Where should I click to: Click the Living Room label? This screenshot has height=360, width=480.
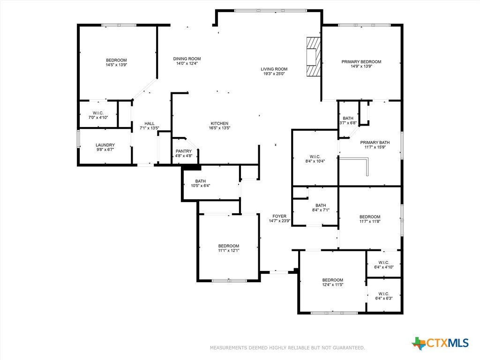click(x=274, y=69)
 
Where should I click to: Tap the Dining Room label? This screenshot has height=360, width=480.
click(x=187, y=59)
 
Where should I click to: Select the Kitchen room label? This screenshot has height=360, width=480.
click(x=219, y=123)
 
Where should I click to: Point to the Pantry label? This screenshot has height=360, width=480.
click(x=184, y=151)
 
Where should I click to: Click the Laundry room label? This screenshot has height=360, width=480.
click(x=105, y=145)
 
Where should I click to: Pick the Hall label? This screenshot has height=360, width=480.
click(x=150, y=123)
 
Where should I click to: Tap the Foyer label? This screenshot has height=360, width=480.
click(x=279, y=216)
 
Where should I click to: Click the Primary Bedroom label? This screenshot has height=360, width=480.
click(x=361, y=62)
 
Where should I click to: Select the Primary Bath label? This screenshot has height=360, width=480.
click(x=375, y=142)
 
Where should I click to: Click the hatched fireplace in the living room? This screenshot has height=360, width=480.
click(x=314, y=57)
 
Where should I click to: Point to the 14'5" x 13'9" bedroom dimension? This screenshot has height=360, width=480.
click(x=116, y=65)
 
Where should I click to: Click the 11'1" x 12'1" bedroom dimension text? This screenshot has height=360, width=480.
click(x=229, y=250)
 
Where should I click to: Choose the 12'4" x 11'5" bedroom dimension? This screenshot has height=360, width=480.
click(x=333, y=285)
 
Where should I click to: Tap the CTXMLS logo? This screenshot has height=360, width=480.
click(x=440, y=343)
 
